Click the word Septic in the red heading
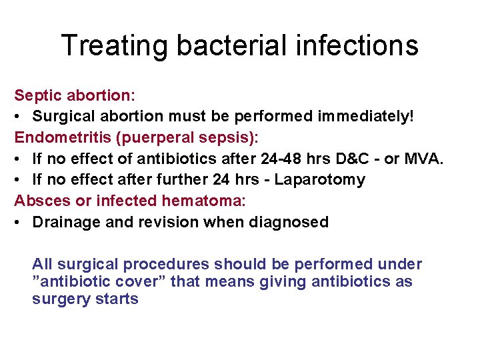pyautogui.click(x=37, y=95)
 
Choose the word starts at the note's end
pyautogui.click(x=115, y=299)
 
